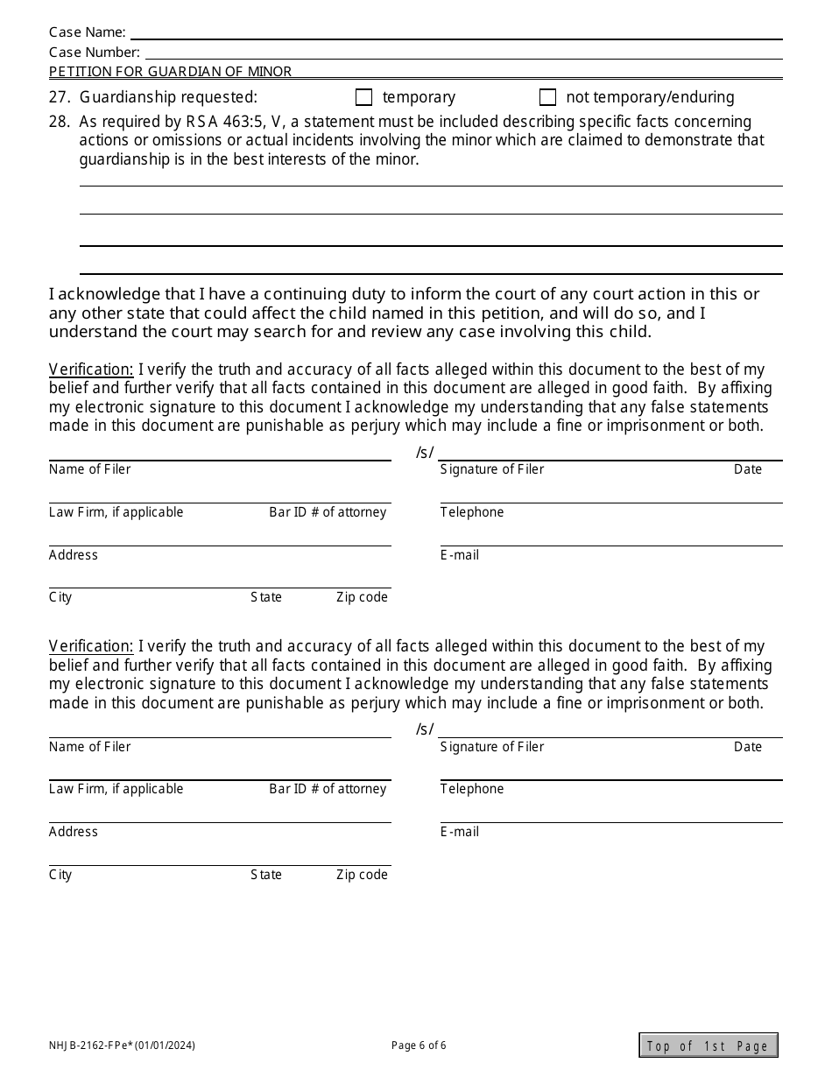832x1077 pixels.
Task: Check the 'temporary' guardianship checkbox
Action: point(363,97)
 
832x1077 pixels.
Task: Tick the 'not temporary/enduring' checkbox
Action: point(547,97)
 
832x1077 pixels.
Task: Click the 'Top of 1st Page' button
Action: point(708,1045)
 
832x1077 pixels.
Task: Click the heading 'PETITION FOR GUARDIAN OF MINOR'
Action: point(170,72)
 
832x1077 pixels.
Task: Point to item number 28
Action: point(59,122)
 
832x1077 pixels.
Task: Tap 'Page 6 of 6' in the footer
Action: point(419,1045)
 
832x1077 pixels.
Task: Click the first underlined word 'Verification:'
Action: point(91,370)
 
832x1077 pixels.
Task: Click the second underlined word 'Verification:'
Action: point(91,646)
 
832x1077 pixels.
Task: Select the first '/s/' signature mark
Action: point(425,453)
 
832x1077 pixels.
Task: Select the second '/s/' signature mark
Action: point(425,729)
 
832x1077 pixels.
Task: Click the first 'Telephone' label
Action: point(472,512)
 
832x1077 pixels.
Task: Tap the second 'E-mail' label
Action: point(460,832)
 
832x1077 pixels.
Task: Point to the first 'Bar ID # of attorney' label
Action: point(328,512)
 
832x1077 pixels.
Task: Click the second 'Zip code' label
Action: point(362,875)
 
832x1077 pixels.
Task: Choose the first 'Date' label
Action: point(748,469)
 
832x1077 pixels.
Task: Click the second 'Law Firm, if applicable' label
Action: point(116,789)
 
